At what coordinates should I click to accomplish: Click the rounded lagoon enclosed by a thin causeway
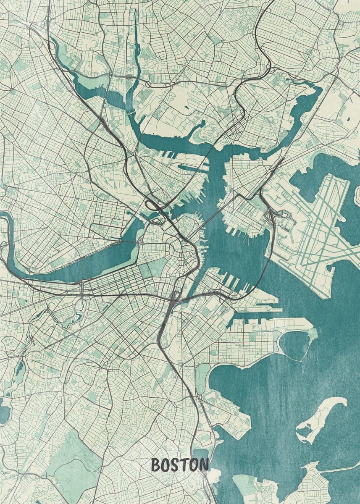[296, 344]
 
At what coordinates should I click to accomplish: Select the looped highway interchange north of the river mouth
[153, 206]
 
